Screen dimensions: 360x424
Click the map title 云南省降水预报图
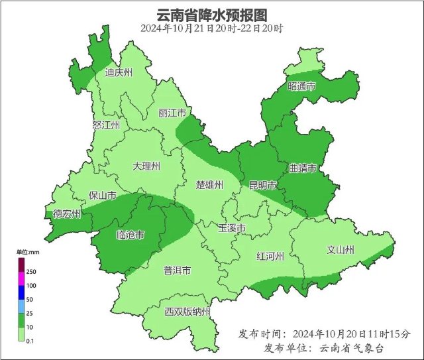point(212,15)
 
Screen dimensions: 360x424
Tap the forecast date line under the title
point(212,29)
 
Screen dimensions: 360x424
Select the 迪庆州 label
point(119,73)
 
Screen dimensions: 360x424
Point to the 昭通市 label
point(301,87)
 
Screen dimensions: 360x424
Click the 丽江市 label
point(171,113)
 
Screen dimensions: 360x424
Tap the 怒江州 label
point(106,125)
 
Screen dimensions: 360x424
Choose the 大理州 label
point(146,166)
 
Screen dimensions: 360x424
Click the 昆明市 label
point(262,184)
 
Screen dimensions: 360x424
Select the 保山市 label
point(103,196)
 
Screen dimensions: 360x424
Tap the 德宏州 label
point(67,214)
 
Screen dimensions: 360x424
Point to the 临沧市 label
point(130,235)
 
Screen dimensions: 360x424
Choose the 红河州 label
point(270,256)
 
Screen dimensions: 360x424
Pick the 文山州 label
point(341,250)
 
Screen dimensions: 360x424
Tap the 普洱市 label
point(178,270)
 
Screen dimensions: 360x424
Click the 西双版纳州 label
point(187,312)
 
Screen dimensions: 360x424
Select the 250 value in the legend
point(31,272)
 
